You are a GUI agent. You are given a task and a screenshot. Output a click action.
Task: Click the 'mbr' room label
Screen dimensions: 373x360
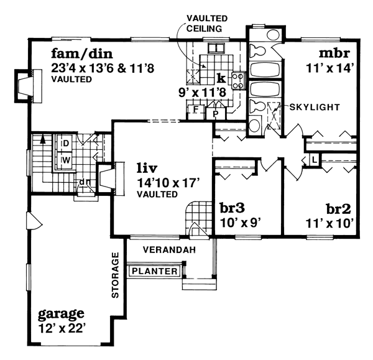pyautogui.click(x=334, y=53)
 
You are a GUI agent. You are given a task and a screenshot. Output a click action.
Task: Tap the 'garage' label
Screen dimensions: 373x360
pyautogui.click(x=61, y=314)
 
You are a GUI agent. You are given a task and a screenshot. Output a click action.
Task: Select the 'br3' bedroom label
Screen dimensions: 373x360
pyautogui.click(x=232, y=208)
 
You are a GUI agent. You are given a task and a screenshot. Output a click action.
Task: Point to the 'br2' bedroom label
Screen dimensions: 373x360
pyautogui.click(x=339, y=209)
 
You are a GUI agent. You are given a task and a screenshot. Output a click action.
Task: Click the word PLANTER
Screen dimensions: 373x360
pyautogui.click(x=155, y=271)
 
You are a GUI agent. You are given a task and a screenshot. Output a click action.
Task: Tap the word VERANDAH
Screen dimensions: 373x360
pyautogui.click(x=169, y=249)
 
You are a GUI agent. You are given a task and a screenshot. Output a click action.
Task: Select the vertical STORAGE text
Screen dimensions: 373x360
pyautogui.click(x=115, y=275)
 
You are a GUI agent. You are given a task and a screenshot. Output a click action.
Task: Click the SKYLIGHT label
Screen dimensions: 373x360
pyautogui.click(x=315, y=108)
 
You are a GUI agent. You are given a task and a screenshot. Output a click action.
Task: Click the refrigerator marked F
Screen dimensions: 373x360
pyautogui.click(x=196, y=109)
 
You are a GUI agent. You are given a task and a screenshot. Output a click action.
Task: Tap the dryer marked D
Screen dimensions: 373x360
pyautogui.click(x=65, y=143)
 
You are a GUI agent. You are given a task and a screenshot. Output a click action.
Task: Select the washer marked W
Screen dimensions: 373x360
pyautogui.click(x=65, y=160)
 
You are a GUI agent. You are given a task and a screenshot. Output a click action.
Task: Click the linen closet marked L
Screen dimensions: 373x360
pyautogui.click(x=314, y=160)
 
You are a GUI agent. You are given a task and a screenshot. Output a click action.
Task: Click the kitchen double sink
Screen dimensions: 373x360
pyautogui.click(x=216, y=48)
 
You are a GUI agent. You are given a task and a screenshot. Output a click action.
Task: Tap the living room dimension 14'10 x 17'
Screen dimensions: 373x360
pyautogui.click(x=168, y=183)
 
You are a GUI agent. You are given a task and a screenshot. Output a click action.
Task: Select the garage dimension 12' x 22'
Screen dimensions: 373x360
pyautogui.click(x=62, y=329)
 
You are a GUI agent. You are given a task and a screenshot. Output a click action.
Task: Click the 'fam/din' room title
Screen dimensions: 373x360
pyautogui.click(x=82, y=54)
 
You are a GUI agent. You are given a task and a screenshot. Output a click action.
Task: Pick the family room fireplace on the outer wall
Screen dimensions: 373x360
pyautogui.click(x=29, y=86)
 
